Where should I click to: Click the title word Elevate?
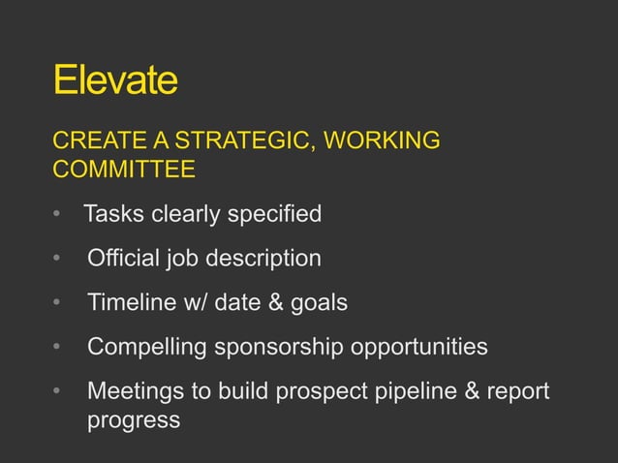click(115, 81)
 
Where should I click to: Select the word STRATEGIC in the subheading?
click(239, 142)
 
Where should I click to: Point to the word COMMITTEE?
click(123, 170)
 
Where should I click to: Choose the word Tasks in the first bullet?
click(112, 214)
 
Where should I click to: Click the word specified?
click(274, 214)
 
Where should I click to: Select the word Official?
click(122, 259)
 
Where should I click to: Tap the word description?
click(260, 259)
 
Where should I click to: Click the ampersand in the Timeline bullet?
click(274, 303)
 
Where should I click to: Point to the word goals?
click(318, 303)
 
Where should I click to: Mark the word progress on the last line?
click(133, 420)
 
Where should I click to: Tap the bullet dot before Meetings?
click(58, 392)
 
